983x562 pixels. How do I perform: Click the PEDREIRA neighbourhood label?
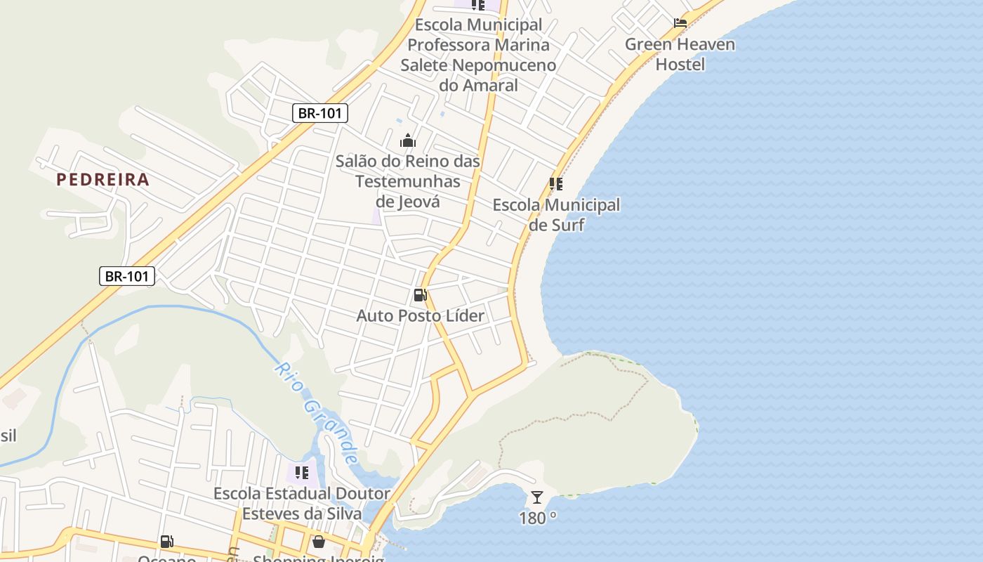103,179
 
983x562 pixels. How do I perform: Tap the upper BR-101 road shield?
320,113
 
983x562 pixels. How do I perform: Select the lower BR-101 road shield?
127,276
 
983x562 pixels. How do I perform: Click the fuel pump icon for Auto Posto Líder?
420,295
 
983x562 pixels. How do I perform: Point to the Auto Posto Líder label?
420,315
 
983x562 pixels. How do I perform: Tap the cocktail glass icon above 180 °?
537,497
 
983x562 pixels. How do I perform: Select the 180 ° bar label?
538,518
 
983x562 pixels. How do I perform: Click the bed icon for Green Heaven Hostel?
680,23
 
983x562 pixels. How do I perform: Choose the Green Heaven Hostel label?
680,54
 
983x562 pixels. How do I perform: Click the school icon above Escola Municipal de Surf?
556,184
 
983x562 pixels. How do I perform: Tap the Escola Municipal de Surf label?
556,215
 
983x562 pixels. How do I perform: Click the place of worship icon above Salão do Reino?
408,140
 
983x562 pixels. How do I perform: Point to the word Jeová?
408,202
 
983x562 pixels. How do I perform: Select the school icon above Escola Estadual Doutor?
302,473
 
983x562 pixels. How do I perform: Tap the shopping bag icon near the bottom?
318,542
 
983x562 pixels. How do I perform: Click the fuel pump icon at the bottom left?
166,542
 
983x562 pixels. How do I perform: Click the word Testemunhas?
408,181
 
